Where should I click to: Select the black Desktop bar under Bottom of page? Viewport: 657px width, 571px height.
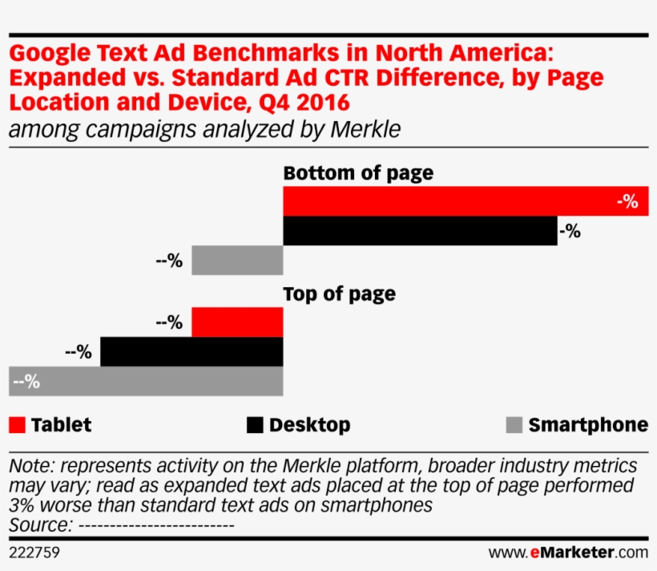tap(420, 231)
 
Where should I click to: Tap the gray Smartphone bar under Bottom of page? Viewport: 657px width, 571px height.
tap(237, 261)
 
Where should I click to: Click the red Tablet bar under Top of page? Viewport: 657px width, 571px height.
tap(237, 322)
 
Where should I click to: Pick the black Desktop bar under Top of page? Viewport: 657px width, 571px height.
tap(191, 351)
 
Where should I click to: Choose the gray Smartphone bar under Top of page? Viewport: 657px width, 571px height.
tap(146, 381)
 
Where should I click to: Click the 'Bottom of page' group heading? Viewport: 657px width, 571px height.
tap(358, 173)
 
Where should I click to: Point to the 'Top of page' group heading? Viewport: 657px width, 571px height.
tap(339, 294)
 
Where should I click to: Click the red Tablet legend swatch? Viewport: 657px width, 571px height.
tap(18, 425)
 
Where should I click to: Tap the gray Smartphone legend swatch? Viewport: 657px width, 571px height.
tap(514, 425)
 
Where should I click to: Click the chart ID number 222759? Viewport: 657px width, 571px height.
tap(34, 553)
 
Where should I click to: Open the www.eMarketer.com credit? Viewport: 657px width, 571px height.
tap(568, 553)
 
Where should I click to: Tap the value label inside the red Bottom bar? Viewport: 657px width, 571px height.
tap(627, 202)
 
